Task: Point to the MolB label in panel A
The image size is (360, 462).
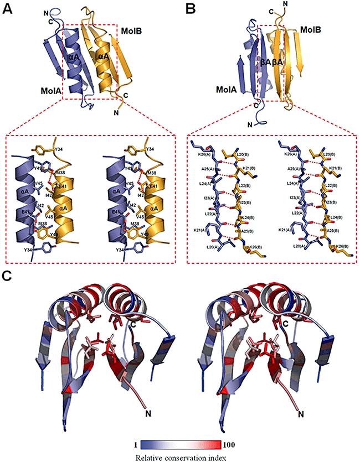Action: (132, 34)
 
